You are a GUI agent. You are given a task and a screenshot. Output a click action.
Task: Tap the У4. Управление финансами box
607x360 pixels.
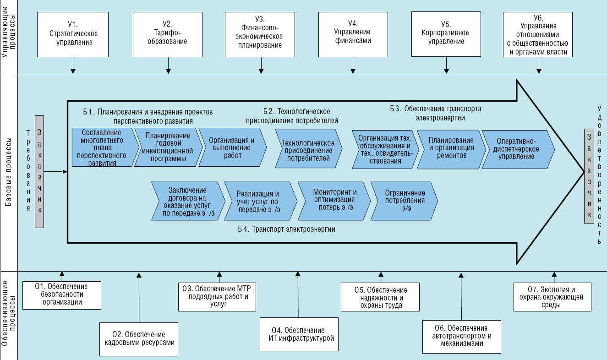pos(352,34)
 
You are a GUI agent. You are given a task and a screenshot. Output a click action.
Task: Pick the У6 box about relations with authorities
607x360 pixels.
pos(538,34)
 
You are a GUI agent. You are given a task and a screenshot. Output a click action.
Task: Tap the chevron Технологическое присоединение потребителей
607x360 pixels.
pos(308,149)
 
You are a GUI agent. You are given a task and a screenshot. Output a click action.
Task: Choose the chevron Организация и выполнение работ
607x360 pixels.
pos(232,147)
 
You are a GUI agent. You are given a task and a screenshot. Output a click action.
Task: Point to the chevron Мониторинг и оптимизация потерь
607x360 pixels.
pos(334,200)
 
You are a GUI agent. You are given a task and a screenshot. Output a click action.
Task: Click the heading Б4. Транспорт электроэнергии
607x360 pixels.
pos(293,229)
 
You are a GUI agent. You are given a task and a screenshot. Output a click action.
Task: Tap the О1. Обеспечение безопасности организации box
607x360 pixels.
pos(62,294)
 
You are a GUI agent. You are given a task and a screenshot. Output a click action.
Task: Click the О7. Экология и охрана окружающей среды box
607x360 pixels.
pos(552,297)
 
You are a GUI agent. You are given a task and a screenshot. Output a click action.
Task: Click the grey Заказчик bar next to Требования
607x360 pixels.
pos(40,171)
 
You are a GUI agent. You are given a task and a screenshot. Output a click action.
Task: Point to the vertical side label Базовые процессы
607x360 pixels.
pos(9,172)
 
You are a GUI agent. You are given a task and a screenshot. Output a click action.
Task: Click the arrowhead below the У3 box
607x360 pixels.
pos(261,71)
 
